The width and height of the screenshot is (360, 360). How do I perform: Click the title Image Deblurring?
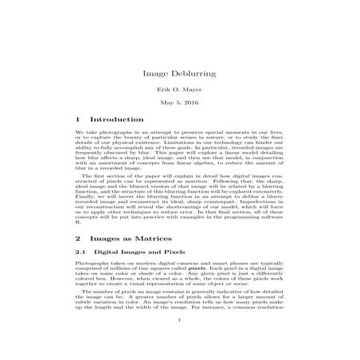click(x=179, y=72)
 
